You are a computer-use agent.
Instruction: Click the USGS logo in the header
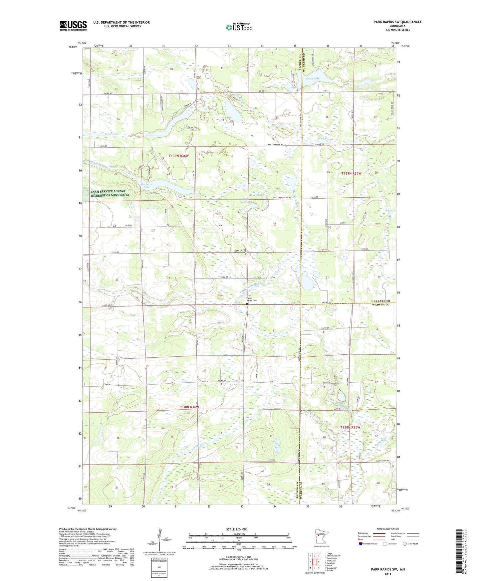point(73,26)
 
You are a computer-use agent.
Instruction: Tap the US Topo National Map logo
point(239,27)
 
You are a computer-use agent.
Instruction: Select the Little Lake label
point(112,134)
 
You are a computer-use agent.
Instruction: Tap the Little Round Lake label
point(259,193)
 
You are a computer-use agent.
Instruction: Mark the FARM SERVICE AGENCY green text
point(108,191)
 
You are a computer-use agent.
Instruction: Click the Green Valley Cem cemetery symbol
point(247,304)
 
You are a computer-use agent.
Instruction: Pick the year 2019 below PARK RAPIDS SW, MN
point(388,574)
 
